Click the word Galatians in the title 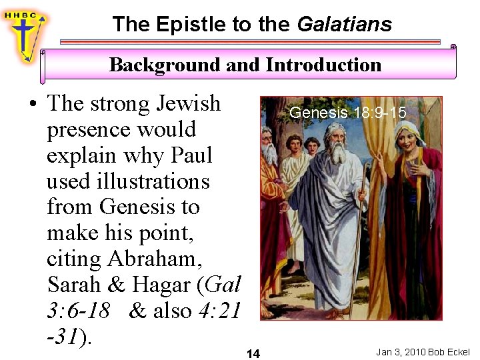click(344, 25)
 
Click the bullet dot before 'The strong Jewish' click(32, 105)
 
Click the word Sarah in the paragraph click(73, 285)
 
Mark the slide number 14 click(253, 353)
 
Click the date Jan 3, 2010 click(401, 352)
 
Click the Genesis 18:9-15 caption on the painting click(347, 113)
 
